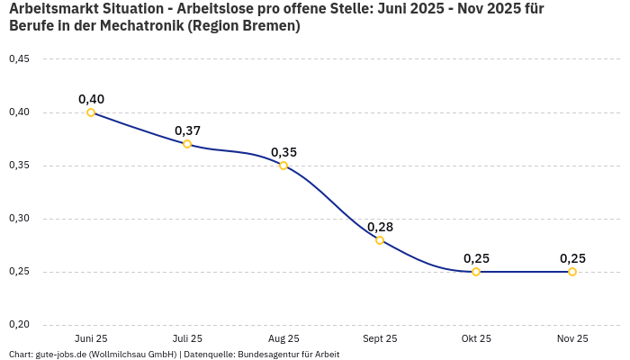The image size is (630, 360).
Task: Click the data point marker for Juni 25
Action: point(91,112)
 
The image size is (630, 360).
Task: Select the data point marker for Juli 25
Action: point(187,144)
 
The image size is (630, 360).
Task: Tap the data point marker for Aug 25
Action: point(283,166)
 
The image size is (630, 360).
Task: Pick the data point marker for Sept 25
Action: point(380,240)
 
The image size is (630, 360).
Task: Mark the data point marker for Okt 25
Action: point(476,272)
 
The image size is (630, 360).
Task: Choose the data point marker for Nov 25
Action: point(572,272)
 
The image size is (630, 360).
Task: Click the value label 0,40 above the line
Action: point(91,99)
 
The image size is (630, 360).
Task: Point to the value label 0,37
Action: point(187,130)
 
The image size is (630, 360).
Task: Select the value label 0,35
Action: point(283,152)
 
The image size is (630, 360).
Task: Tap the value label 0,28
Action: point(380,227)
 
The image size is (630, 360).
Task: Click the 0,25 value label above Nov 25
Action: point(572,258)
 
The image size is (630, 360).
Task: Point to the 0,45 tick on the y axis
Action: point(19,59)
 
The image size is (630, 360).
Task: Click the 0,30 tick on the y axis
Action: point(19,219)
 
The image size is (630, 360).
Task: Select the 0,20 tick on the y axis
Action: point(19,325)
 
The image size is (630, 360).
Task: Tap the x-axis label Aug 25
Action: point(283,339)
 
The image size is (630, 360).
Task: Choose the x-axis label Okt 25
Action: point(476,339)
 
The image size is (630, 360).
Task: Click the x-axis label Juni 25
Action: point(91,339)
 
